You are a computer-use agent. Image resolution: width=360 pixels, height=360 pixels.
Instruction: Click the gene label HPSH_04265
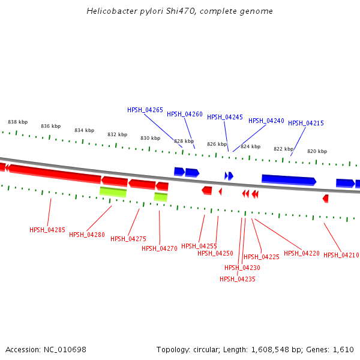(x=145, y=110)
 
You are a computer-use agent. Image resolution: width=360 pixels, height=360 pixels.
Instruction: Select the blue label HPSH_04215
(x=306, y=123)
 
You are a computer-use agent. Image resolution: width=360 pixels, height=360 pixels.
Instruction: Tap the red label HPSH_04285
(x=47, y=230)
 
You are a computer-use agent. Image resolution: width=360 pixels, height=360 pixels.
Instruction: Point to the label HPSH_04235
(x=238, y=279)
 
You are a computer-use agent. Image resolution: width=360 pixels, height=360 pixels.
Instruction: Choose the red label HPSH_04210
(x=341, y=256)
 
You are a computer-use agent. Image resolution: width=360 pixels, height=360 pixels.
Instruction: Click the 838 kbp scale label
(x=17, y=122)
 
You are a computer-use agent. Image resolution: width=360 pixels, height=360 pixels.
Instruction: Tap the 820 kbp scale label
(x=317, y=152)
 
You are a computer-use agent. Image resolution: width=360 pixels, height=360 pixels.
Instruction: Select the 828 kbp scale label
(x=184, y=142)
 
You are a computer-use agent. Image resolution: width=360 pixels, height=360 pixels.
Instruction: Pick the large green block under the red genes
(x=113, y=191)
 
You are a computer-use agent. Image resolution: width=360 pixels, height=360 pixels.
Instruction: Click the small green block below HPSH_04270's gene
(x=161, y=196)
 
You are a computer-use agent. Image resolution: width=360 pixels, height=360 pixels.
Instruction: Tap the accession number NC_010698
(x=65, y=349)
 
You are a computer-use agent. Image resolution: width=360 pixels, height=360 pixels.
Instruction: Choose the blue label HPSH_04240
(x=266, y=121)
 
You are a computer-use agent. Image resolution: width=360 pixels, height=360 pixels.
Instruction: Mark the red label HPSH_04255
(x=199, y=246)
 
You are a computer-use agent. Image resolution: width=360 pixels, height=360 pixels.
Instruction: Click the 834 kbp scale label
(x=84, y=130)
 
